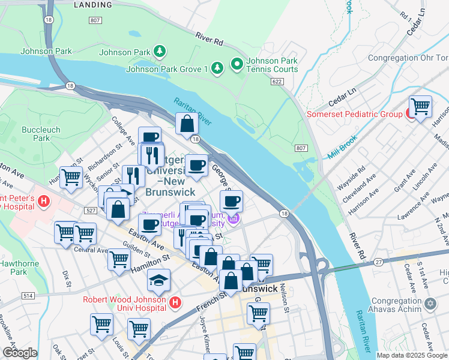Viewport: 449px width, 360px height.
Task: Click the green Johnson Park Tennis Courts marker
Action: click(237, 63)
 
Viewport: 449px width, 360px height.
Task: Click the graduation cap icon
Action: click(158, 280)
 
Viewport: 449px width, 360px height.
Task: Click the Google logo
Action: click(20, 352)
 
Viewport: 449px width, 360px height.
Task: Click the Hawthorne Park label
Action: click(14, 268)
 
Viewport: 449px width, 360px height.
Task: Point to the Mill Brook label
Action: click(342, 148)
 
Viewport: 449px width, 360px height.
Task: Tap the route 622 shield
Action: click(277, 81)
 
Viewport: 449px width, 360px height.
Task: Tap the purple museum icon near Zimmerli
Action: click(234, 220)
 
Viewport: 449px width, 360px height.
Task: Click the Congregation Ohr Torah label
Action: click(408, 58)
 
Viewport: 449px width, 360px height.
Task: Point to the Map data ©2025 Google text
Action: click(411, 355)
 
